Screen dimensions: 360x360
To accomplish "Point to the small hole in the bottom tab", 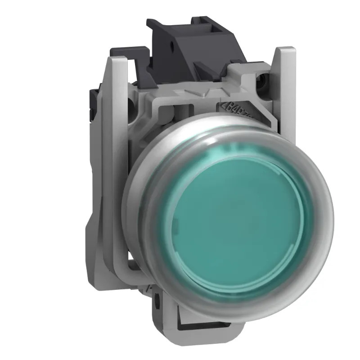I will [x=157, y=297].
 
